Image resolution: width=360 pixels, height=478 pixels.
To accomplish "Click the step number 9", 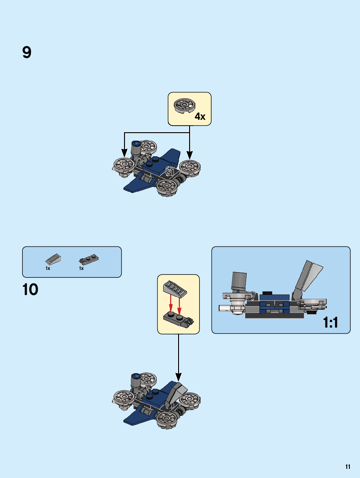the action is point(27,52).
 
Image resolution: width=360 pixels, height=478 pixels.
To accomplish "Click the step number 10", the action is point(30,289).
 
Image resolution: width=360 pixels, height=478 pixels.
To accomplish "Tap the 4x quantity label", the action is point(200,117).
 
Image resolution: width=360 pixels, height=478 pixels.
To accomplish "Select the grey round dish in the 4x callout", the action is point(184,105).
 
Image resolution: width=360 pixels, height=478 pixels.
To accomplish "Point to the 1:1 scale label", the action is point(330,322).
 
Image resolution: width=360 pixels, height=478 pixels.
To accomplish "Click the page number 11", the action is point(348,467).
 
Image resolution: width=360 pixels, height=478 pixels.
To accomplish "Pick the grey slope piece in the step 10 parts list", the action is point(53,259).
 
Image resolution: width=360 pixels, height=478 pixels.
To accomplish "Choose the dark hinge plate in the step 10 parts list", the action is point(89,260).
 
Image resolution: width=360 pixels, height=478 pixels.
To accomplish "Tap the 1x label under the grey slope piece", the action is point(48,268).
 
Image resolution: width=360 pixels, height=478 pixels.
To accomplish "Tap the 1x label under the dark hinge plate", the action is point(81,268).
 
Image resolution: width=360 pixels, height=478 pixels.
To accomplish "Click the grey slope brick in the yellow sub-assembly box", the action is point(175,288).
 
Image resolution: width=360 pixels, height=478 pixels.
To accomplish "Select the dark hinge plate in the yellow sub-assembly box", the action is point(178,319).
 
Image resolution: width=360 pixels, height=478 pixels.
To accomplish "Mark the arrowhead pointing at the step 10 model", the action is point(178,377).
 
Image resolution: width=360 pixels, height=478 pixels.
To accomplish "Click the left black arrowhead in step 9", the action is point(124,153).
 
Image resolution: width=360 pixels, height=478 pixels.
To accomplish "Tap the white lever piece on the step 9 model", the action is point(169,171).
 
